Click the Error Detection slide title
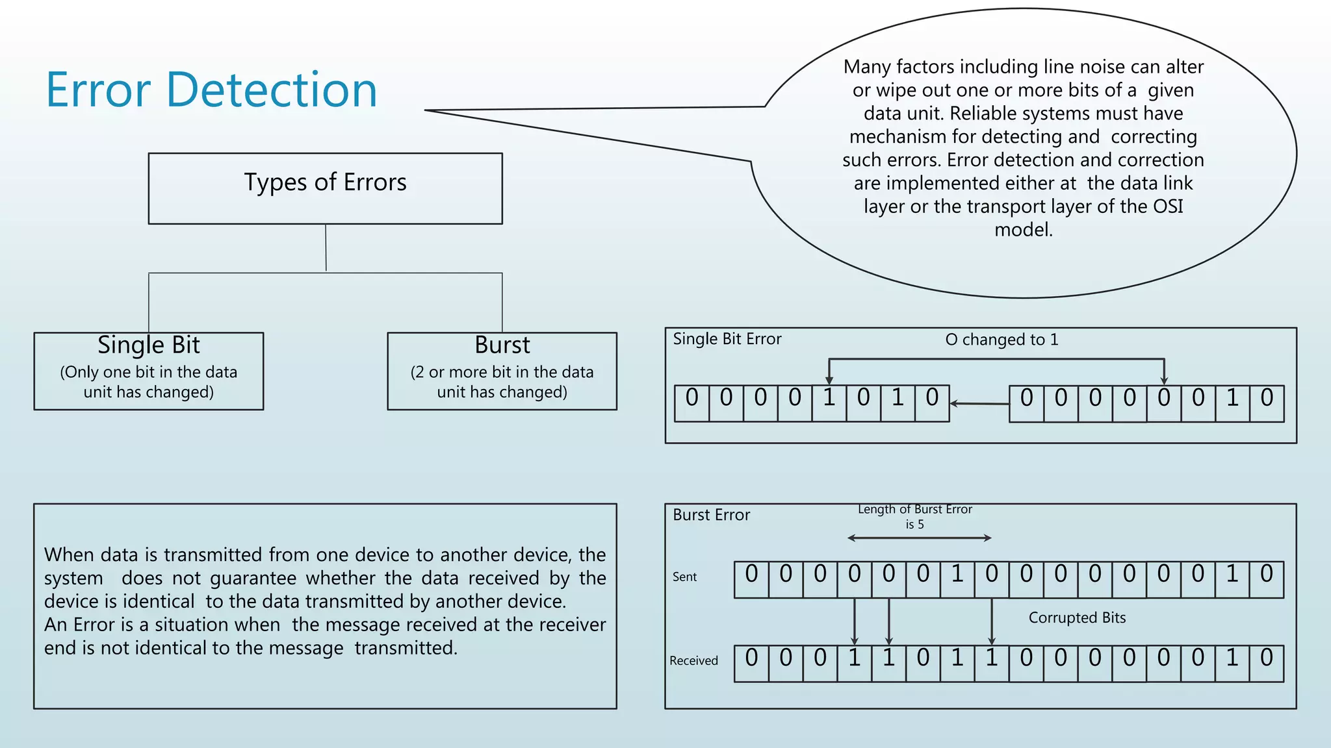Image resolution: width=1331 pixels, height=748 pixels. (211, 90)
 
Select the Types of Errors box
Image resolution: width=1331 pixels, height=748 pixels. (325, 188)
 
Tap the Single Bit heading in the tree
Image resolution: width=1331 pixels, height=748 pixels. (149, 345)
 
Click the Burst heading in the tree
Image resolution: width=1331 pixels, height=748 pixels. (502, 345)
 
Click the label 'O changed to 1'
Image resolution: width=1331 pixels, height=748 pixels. (1001, 340)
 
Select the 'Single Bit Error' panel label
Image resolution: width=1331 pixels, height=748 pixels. (727, 339)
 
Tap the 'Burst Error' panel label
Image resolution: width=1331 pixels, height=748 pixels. (711, 515)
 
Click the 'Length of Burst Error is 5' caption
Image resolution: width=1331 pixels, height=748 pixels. (914, 516)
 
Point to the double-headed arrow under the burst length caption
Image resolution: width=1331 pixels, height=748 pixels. (919, 538)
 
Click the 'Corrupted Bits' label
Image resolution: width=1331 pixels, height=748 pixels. (1077, 617)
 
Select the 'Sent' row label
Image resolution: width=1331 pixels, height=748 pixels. (684, 577)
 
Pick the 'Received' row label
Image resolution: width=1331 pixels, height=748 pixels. (693, 660)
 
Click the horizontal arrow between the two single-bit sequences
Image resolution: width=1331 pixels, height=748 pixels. (979, 403)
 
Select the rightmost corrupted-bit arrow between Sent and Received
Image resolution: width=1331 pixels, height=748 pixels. (992, 621)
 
